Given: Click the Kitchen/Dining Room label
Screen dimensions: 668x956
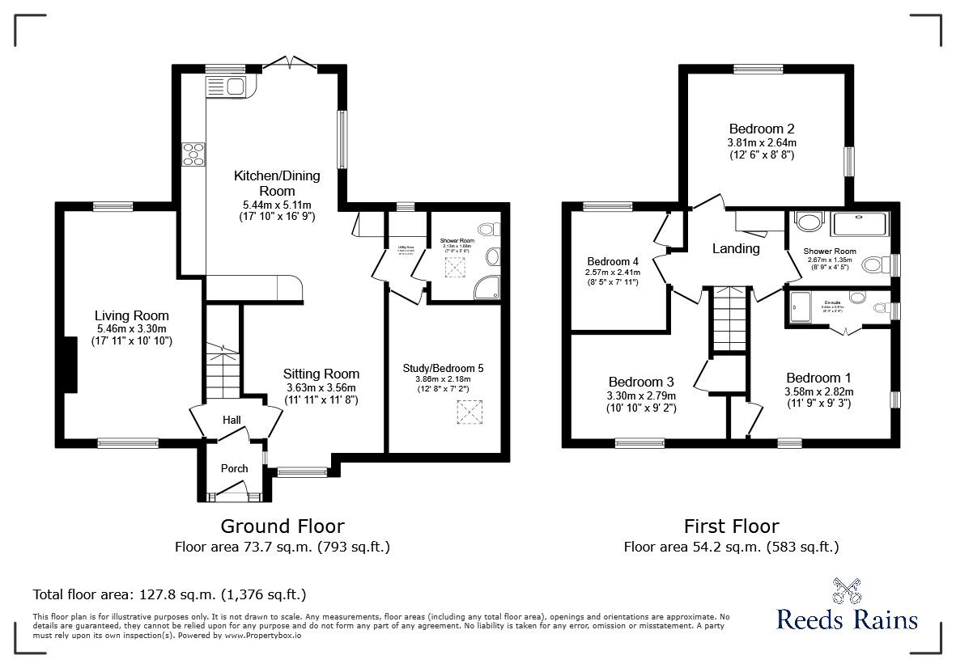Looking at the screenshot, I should coord(277,183).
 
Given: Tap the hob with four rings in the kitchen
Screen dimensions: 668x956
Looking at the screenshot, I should coord(193,154).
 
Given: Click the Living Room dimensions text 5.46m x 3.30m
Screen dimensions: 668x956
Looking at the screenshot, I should coord(131,328).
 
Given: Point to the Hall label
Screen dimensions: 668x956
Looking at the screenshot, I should coord(232,420).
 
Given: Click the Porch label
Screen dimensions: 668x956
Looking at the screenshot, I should coord(235,468).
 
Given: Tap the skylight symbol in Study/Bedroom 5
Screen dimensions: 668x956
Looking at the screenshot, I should coord(468,412).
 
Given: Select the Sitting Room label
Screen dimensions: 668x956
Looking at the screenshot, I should coord(321,374).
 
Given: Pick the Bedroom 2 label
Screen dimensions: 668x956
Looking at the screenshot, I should coord(761,129).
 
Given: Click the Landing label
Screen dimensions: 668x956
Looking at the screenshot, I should coord(735,248).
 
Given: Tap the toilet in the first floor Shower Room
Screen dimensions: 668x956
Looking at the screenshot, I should coord(873,265).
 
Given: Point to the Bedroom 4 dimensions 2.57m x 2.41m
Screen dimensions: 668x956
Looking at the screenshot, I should coord(613,273).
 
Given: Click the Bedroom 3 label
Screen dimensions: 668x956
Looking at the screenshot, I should coord(641,382).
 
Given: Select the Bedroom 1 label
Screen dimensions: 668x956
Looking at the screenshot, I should coord(818,378).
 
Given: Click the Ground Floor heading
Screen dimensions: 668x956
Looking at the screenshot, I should coord(283,526).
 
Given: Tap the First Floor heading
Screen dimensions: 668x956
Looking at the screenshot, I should coord(731,526).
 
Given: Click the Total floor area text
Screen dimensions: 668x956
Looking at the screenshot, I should coord(169,594).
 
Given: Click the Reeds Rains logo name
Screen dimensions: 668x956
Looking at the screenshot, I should coord(847,620).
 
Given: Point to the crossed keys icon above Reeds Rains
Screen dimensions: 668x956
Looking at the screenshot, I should coord(846,591).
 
